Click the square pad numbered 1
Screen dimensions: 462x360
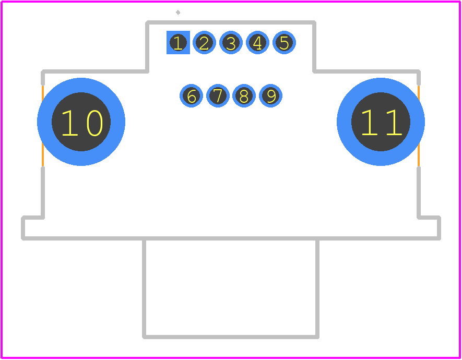[178, 42]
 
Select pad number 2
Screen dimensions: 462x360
[204, 42]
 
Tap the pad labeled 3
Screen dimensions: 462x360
[231, 42]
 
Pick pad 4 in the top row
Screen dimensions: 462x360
[257, 42]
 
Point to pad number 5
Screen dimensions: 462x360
[284, 42]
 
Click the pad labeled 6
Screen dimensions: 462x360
[191, 95]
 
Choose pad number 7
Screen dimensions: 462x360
[218, 95]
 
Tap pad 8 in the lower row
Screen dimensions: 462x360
[244, 95]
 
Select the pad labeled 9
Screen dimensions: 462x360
[270, 95]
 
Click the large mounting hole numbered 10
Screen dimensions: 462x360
[81, 122]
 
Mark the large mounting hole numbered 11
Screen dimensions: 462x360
[381, 122]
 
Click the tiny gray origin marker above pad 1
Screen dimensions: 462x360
[178, 13]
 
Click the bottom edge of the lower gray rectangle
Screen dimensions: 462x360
[231, 337]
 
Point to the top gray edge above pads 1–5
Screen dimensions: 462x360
[231, 22]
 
